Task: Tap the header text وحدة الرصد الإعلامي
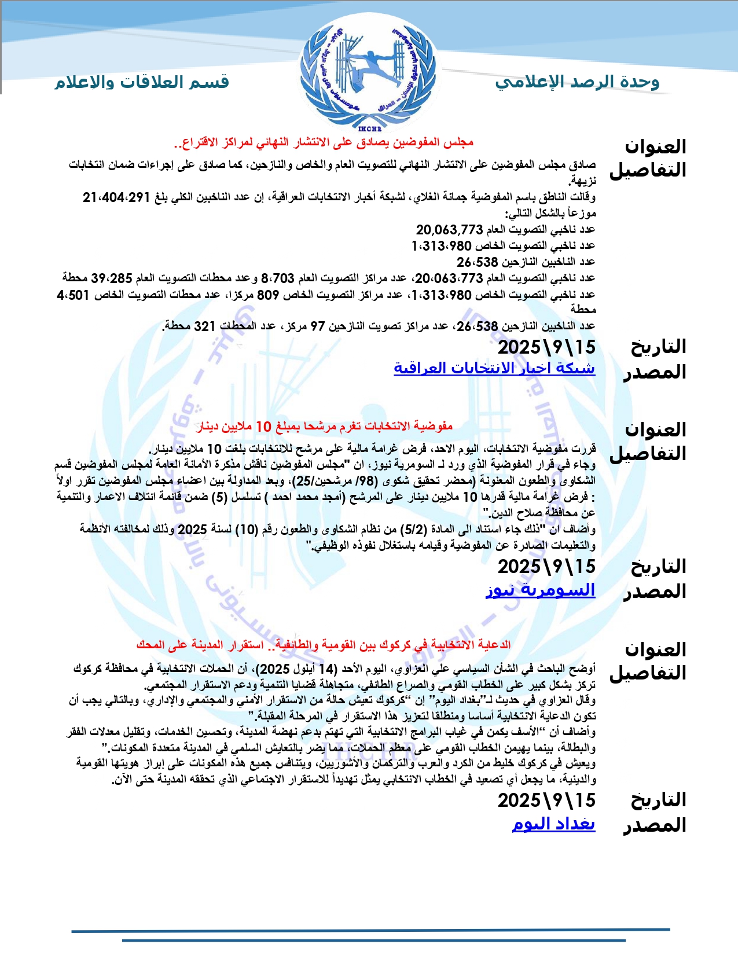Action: [x=577, y=82]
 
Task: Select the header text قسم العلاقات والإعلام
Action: [x=142, y=82]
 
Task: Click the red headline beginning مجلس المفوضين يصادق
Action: [x=324, y=142]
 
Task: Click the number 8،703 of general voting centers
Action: [x=278, y=278]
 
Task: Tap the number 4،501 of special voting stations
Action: [x=73, y=295]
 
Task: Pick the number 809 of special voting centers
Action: [x=268, y=295]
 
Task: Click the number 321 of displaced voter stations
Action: [x=205, y=326]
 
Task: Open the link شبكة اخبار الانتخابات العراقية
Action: [x=494, y=368]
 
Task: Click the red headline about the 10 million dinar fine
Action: [x=325, y=427]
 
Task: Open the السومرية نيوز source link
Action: [x=541, y=590]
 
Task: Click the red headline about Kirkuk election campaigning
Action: [x=324, y=645]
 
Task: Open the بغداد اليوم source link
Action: [x=554, y=824]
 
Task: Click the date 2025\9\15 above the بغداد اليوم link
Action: [x=546, y=800]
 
